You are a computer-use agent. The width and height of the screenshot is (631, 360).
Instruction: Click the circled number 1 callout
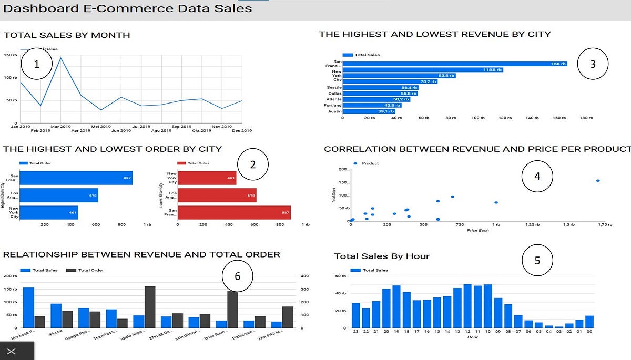(x=36, y=65)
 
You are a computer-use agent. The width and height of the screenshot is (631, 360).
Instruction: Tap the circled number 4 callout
(x=537, y=177)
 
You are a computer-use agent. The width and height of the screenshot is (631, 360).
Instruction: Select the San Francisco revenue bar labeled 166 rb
(x=455, y=64)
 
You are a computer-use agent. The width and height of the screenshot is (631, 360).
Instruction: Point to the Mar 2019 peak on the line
(x=61, y=58)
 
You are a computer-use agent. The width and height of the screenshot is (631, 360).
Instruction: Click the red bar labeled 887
(x=234, y=212)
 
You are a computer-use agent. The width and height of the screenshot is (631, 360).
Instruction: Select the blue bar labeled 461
(x=48, y=212)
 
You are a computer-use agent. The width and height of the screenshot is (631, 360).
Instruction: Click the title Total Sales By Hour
(x=382, y=256)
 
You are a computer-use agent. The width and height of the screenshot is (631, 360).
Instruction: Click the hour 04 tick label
(x=549, y=332)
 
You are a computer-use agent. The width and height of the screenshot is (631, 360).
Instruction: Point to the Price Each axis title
(x=477, y=230)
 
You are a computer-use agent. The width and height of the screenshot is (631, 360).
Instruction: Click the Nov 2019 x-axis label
(x=222, y=127)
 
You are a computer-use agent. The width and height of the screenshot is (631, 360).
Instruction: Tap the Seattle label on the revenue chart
(x=334, y=87)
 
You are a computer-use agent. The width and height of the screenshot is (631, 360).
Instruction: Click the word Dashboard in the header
(x=35, y=8)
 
